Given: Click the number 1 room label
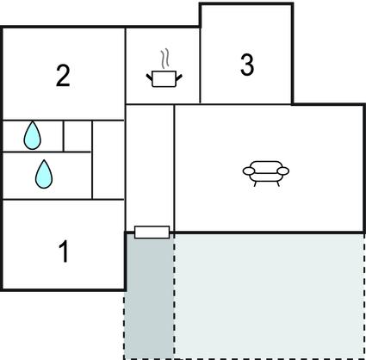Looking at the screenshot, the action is [x=65, y=251].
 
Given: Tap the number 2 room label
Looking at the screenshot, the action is [x=63, y=76].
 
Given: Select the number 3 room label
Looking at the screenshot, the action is [x=247, y=65].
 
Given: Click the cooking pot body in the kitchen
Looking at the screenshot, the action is [x=164, y=79].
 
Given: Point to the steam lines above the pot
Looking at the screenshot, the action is [x=164, y=59].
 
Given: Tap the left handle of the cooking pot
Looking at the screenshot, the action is [x=149, y=77].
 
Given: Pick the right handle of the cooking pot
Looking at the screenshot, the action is [x=179, y=77].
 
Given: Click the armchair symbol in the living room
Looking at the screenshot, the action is [x=266, y=173].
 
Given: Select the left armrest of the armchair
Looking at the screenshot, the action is [x=249, y=171].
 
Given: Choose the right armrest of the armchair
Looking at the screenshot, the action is [x=283, y=171].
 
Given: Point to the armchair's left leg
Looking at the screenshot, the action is [x=255, y=183].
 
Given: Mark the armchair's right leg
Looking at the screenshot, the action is [x=277, y=183].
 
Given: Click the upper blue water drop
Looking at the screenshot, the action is [x=32, y=135].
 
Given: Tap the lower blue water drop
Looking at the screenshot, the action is [x=44, y=174].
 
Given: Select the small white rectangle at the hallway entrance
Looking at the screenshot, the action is [x=152, y=232].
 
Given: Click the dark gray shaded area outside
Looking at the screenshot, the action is [x=149, y=295].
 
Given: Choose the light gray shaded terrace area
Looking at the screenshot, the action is [x=269, y=295].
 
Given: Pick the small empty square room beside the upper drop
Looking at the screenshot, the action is [x=78, y=135].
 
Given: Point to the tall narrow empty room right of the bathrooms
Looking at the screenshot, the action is [x=109, y=159].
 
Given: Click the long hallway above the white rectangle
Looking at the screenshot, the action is [x=150, y=165].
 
